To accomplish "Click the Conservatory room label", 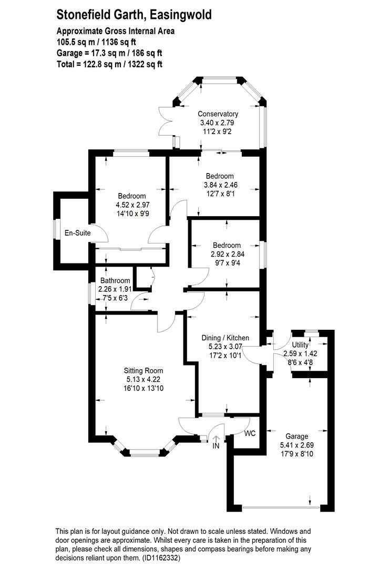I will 218,114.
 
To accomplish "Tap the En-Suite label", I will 75,232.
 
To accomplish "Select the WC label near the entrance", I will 250,433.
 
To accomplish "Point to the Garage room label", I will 297,437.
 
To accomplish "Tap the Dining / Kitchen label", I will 226,338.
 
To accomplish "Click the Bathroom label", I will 114,281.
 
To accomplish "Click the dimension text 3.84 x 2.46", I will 220,185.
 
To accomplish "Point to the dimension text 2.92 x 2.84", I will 227,254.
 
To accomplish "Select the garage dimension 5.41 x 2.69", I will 298,445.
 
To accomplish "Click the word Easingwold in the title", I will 180,15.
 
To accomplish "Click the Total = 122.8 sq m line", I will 109,65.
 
